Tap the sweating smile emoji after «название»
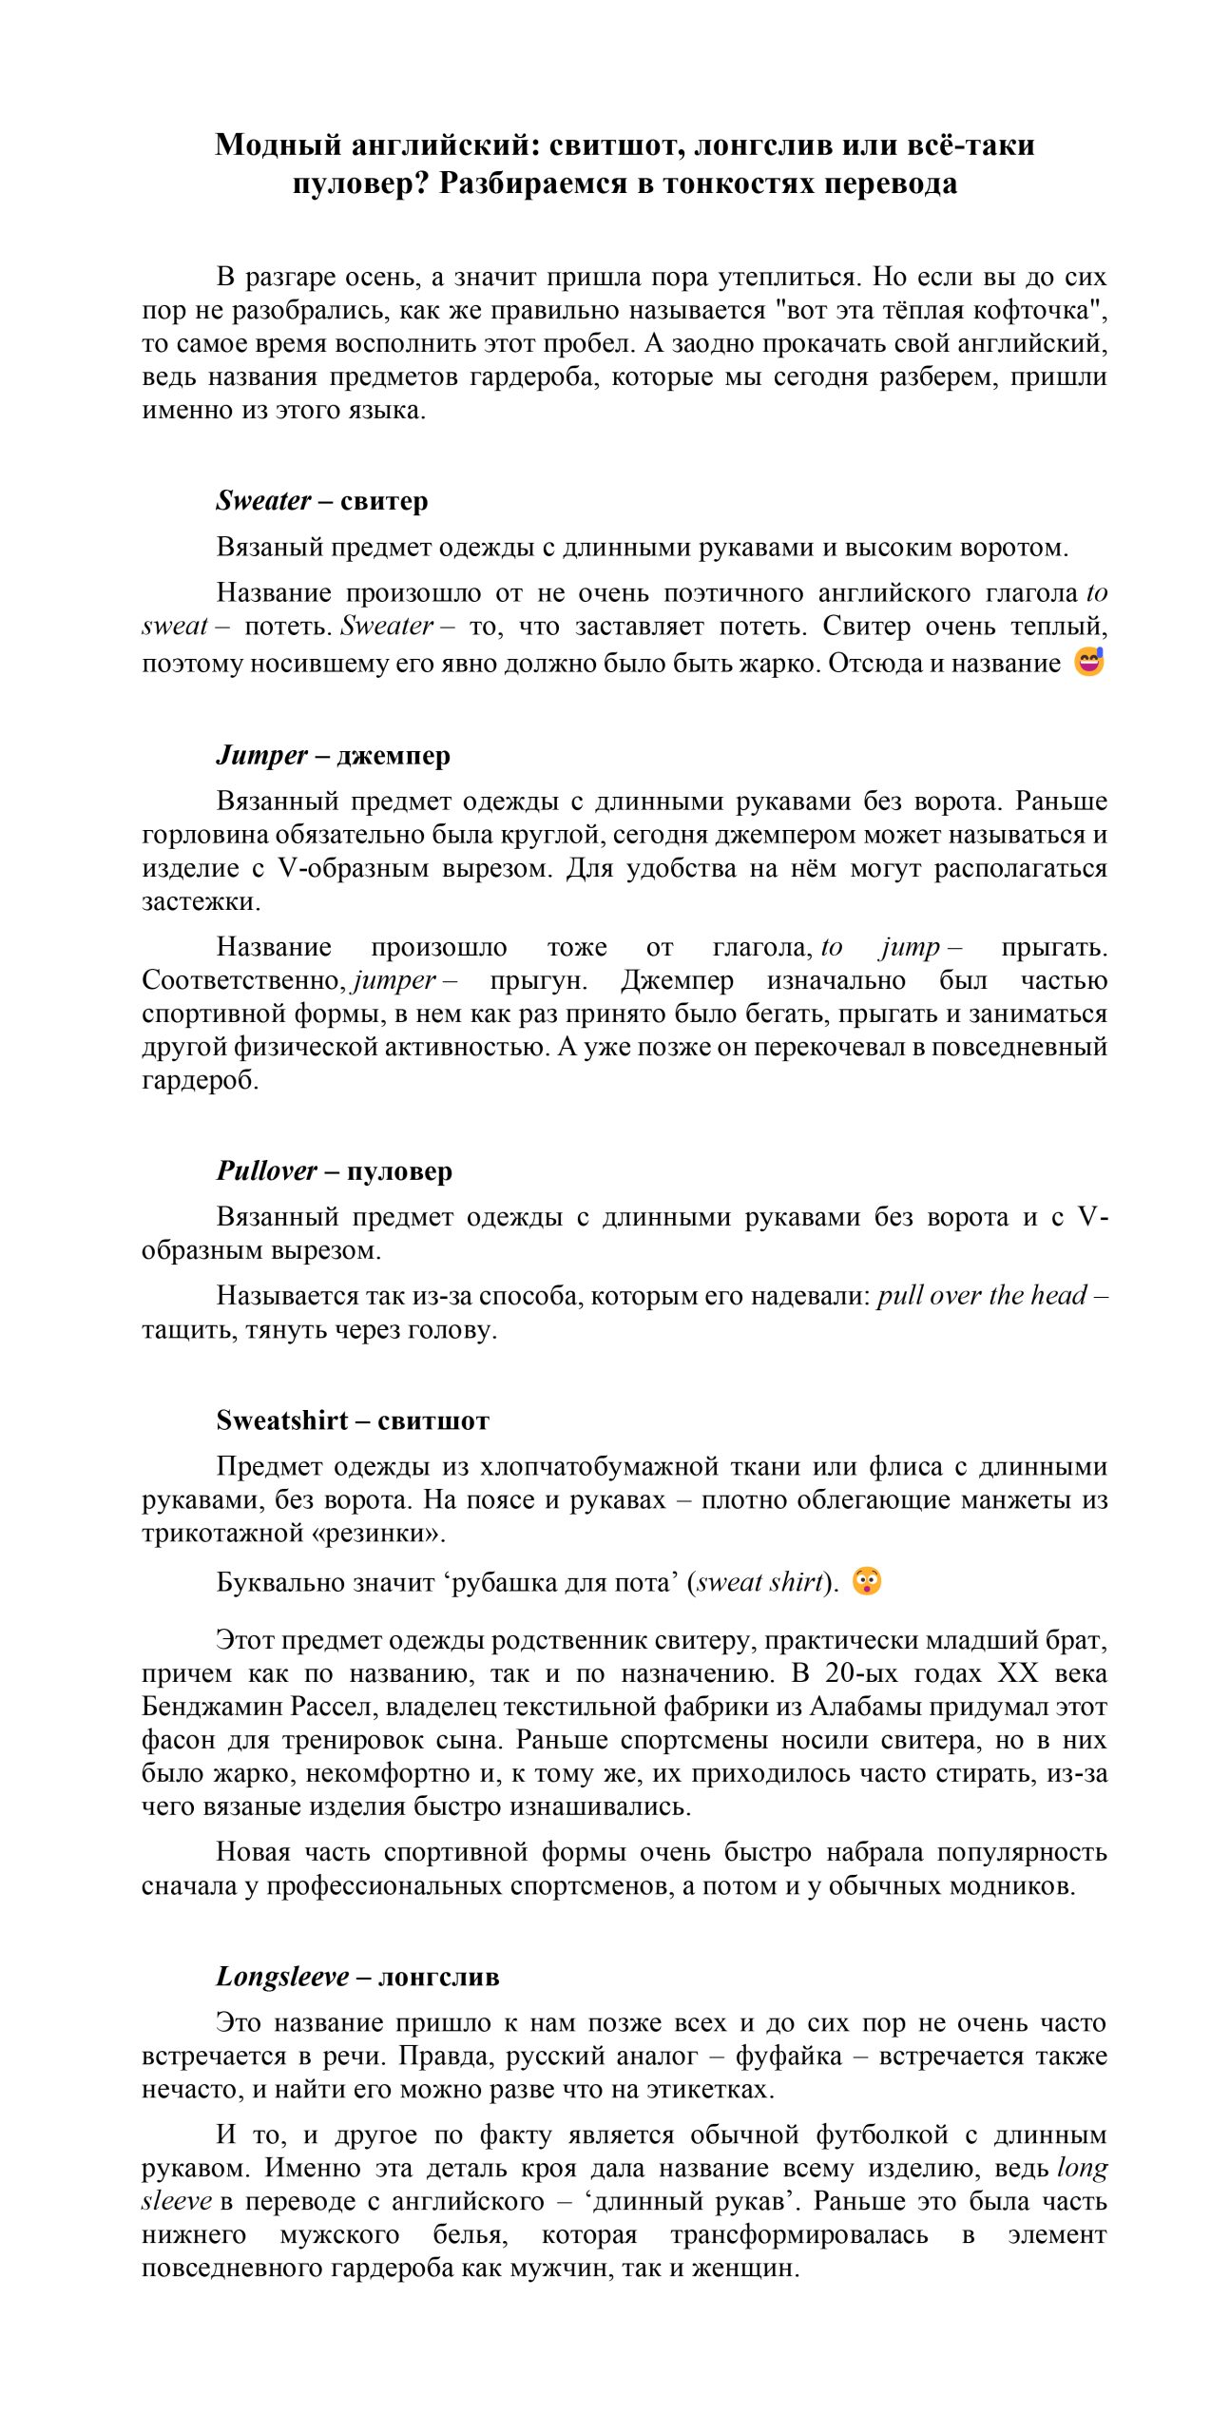pos(1088,661)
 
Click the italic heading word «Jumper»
pos(261,755)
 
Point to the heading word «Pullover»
pos(266,1170)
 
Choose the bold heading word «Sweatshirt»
pos(281,1420)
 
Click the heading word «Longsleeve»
pos(281,1977)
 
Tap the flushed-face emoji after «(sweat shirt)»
pos(866,1581)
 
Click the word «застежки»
pos(200,901)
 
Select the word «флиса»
pos(905,1466)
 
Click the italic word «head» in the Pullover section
pos(1059,1295)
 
